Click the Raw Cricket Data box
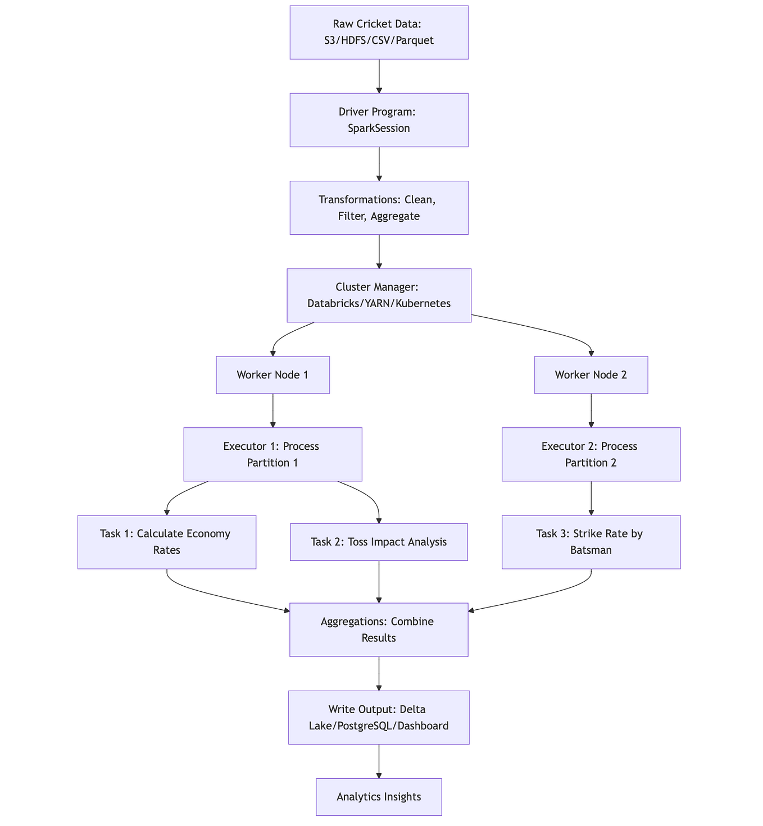click(x=379, y=32)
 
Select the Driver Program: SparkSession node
click(x=379, y=120)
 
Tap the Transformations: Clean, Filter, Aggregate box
click(x=379, y=207)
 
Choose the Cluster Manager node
click(x=379, y=295)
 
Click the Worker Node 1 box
click(x=272, y=375)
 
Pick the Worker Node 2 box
click(x=591, y=375)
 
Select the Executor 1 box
click(x=272, y=454)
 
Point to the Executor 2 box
click(x=591, y=454)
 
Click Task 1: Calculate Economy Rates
click(x=166, y=542)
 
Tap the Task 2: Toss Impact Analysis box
click(x=379, y=542)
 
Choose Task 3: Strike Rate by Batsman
click(x=591, y=542)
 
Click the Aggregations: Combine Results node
click(x=379, y=629)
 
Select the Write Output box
click(x=379, y=717)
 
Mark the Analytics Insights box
click(x=379, y=796)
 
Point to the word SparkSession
click(x=379, y=128)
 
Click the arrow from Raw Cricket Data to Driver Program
click(x=379, y=76)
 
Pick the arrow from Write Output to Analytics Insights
click(x=379, y=761)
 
